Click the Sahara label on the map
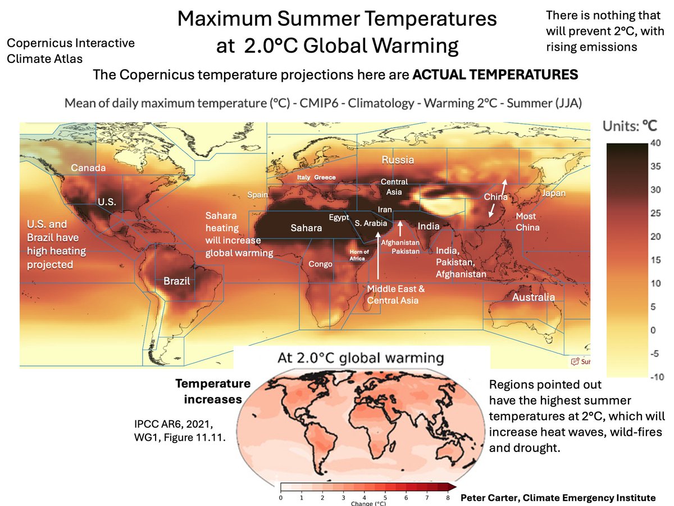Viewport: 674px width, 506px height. [306, 228]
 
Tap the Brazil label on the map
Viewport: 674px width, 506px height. [177, 281]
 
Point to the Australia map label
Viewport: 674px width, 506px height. [533, 297]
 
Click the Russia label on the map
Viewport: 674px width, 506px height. [398, 160]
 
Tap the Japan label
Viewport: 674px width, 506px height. [554, 193]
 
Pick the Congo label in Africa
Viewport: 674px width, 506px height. [321, 264]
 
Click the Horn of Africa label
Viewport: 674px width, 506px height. [359, 255]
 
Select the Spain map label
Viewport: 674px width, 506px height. [258, 195]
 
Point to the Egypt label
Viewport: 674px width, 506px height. [339, 217]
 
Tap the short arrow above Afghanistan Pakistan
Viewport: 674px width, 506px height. [399, 227]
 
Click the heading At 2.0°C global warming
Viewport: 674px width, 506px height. [361, 358]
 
